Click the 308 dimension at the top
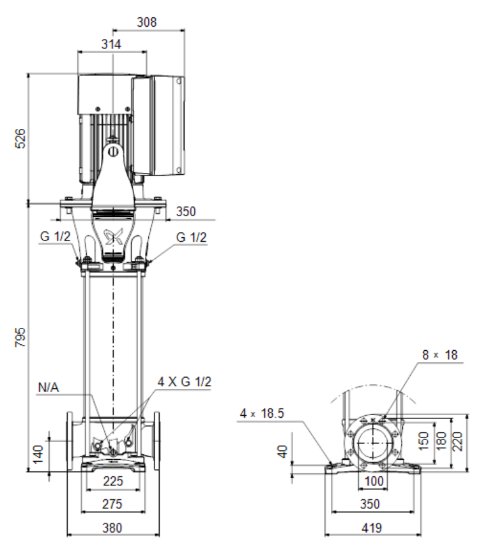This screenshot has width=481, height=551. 146,22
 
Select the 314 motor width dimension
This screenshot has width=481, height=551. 111,44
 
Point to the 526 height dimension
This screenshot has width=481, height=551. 20,138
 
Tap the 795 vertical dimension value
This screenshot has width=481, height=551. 20,337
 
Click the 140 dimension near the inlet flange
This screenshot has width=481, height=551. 38,454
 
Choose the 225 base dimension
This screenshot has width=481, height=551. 113,481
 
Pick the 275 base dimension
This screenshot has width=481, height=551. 112,504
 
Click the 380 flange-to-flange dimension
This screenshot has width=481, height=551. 112,528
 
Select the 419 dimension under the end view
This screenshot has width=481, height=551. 372,528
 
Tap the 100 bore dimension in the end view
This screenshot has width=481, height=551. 373,481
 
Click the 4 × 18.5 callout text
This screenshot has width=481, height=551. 262,413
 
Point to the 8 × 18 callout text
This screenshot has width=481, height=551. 440,355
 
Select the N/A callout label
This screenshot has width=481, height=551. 49,388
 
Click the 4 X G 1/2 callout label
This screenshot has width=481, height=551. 185,381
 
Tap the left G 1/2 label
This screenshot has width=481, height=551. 55,237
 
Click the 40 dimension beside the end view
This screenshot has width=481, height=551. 282,451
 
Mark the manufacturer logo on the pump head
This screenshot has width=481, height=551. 113,236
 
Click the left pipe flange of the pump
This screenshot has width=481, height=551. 70,441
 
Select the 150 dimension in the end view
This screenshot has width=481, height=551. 424,441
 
